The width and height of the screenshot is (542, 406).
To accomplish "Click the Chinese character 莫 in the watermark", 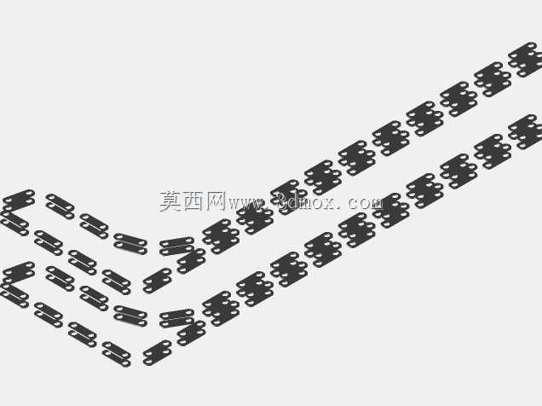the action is coord(171,201).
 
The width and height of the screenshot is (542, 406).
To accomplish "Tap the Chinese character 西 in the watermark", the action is coord(194,201).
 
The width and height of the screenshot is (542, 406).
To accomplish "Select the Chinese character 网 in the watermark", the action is coord(216,201).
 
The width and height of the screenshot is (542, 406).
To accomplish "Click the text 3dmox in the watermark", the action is coord(303,201).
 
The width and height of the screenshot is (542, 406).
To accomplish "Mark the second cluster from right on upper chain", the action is coord(493,79).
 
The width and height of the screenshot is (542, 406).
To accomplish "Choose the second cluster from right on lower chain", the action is coord(493,152).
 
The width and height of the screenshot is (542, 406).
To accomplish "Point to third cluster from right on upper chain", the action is coord(458,99).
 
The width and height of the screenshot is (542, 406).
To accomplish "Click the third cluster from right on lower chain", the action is coord(458,171).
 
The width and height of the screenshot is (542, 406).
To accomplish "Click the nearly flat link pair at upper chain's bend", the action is coord(176,246).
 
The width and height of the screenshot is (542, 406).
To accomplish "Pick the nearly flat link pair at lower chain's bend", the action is coord(176,318).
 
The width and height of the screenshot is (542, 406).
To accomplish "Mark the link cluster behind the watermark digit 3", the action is coord(289,197).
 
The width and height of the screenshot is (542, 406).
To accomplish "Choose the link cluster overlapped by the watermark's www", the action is coord(255,217).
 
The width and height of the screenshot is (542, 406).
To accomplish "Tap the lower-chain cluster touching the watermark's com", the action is coord(391,211).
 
